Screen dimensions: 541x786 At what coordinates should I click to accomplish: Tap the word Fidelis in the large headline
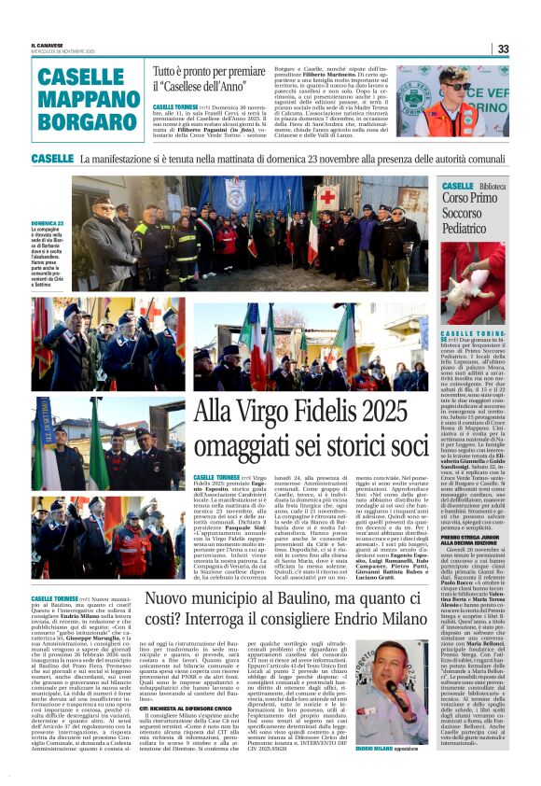click(318, 412)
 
